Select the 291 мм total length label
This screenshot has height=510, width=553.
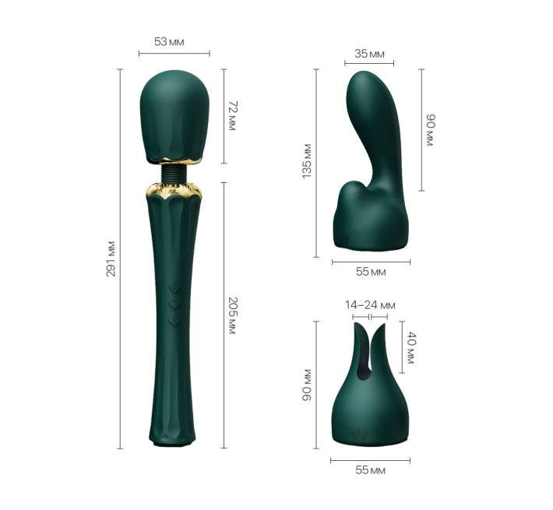point(111,259)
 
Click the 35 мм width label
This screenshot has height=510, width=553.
point(369,54)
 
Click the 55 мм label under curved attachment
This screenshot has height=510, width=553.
point(371,272)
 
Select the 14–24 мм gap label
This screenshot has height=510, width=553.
point(371,304)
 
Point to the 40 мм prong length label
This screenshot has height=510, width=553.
point(411,349)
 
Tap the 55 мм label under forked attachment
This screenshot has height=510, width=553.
point(370,470)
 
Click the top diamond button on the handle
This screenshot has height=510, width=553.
point(174,286)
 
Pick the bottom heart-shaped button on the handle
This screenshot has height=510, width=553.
point(174,318)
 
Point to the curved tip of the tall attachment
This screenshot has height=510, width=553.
point(364,82)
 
